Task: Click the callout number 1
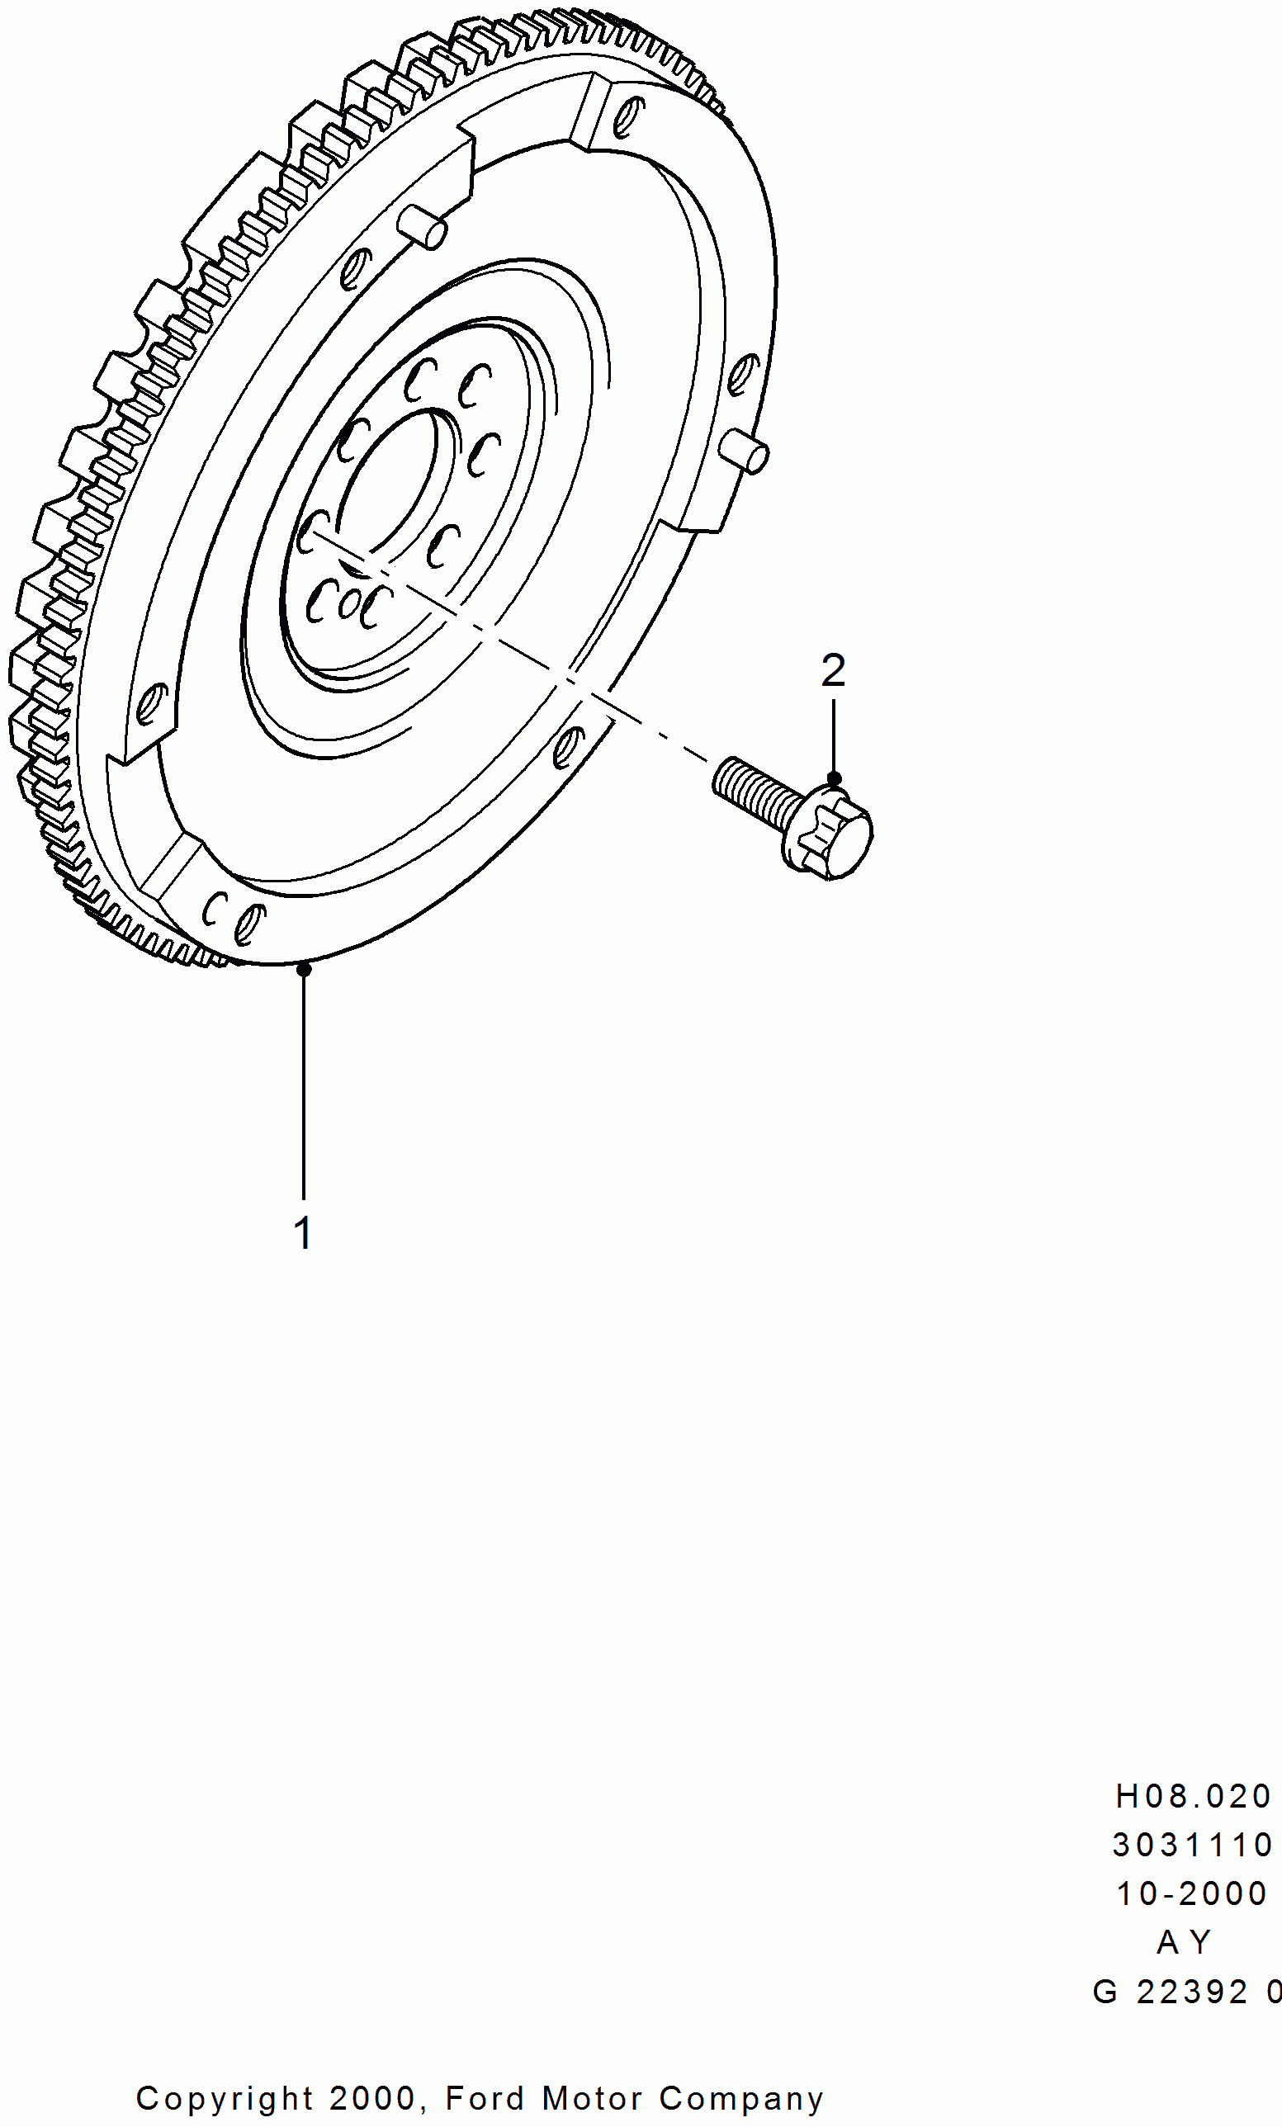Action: point(303,1232)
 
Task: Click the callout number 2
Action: point(833,671)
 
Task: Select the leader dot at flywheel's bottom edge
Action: point(304,970)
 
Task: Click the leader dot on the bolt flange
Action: point(834,779)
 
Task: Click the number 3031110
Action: point(1193,1846)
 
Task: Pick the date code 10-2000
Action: point(1191,1894)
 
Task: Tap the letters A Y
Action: point(1185,1942)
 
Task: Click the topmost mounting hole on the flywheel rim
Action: point(627,117)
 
